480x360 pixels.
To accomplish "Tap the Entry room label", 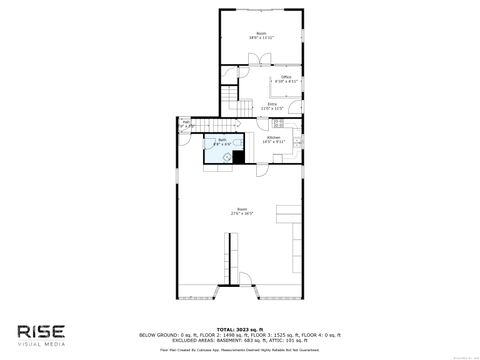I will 272,105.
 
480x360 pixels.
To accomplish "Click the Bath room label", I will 223,142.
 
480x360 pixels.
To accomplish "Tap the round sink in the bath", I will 214,155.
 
